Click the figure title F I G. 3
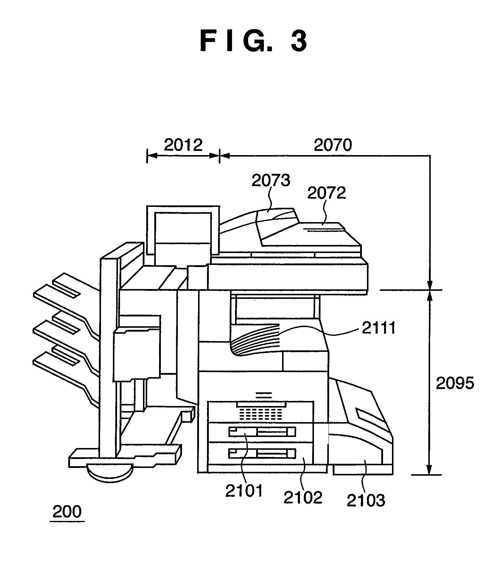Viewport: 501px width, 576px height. [253, 41]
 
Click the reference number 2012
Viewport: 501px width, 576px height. [183, 145]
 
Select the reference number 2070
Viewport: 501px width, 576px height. [333, 145]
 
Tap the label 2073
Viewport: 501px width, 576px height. [271, 180]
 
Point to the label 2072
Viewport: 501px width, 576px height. [326, 193]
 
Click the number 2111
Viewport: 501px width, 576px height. [378, 328]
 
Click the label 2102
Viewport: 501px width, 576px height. [303, 497]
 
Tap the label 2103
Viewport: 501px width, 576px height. [366, 500]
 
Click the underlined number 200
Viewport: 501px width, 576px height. [67, 512]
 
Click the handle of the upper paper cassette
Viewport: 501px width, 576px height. [262, 431]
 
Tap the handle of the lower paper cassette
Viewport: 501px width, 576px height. [262, 453]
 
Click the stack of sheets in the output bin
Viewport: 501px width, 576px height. [255, 340]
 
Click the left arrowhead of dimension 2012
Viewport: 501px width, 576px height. [152, 155]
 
